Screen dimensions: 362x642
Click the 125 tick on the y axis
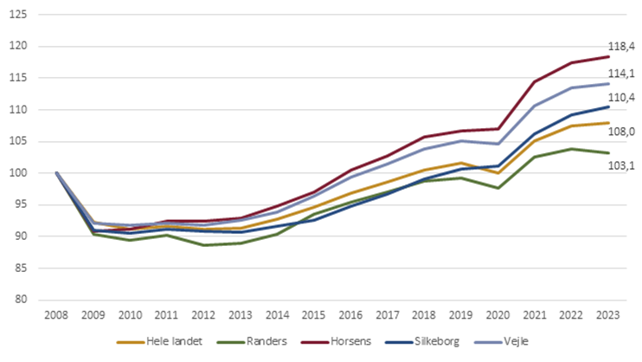tap(23, 15)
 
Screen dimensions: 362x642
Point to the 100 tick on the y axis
tap(23, 173)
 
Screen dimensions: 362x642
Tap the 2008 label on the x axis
tap(57, 315)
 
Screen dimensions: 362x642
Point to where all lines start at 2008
tap(57, 173)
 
